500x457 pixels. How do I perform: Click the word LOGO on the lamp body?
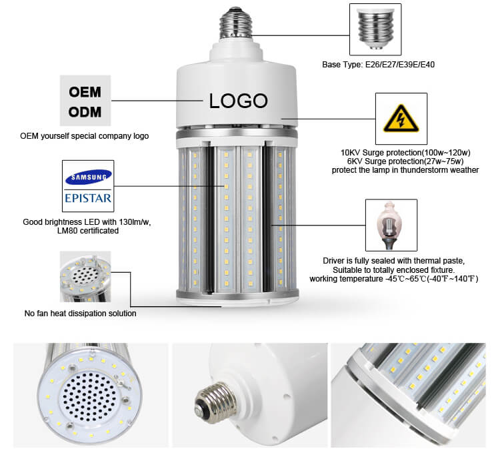(238, 101)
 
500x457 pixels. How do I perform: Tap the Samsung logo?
(88, 177)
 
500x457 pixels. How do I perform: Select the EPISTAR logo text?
(88, 198)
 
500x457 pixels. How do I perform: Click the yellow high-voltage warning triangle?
(401, 118)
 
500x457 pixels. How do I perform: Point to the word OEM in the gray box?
(85, 92)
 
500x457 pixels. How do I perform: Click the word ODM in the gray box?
(85, 112)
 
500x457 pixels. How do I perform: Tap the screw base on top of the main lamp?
(236, 23)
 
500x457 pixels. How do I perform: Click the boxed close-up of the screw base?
(375, 29)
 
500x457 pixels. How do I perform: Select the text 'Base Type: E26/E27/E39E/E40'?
(378, 65)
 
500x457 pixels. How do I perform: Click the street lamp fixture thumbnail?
(391, 225)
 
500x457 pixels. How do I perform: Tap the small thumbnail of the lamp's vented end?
(85, 276)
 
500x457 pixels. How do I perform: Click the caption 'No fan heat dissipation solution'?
(81, 314)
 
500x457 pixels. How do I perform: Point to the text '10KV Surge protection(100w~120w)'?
(405, 153)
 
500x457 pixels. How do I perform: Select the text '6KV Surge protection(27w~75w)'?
(405, 161)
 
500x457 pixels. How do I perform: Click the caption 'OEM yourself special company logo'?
(85, 136)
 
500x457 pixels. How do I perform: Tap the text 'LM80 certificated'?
(88, 230)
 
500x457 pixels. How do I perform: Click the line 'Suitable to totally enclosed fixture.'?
(394, 270)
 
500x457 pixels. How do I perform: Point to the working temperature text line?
(394, 279)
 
